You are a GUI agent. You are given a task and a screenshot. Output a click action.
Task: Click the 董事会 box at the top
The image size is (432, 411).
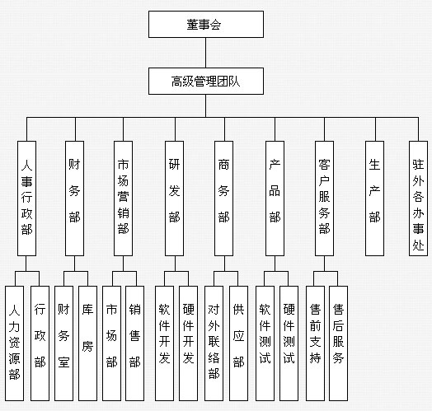click(x=206, y=24)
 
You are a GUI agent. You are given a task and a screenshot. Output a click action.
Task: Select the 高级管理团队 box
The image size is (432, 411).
click(x=206, y=82)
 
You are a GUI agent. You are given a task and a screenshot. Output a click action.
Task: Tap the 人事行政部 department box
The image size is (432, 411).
click(x=26, y=198)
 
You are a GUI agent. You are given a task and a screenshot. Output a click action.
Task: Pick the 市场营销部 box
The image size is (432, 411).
click(x=123, y=198)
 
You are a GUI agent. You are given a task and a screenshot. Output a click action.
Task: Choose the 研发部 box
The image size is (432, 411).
click(x=174, y=198)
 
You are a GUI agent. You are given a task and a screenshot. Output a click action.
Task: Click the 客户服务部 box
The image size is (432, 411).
click(x=324, y=198)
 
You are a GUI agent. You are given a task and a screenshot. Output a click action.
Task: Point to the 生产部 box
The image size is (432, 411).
click(x=374, y=198)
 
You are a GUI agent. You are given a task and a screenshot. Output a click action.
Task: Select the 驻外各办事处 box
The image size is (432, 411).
click(x=418, y=198)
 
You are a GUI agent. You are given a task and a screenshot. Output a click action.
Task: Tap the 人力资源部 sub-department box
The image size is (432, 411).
click(x=14, y=343)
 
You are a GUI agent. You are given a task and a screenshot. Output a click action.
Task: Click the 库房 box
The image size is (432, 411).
click(x=87, y=343)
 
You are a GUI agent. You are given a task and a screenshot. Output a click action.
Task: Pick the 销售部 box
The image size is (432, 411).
click(x=134, y=343)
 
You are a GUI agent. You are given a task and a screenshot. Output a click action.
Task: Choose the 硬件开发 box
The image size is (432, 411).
click(x=188, y=343)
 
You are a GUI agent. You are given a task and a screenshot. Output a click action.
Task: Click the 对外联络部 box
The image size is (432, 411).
click(x=214, y=343)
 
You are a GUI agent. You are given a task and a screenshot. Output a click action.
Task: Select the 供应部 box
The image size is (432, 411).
click(x=238, y=343)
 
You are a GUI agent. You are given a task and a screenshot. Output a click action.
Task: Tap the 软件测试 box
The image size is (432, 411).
click(x=265, y=343)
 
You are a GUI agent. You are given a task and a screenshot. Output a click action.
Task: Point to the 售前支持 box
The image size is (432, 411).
click(x=315, y=343)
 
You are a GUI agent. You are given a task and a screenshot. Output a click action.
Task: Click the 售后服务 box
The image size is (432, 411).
click(x=338, y=343)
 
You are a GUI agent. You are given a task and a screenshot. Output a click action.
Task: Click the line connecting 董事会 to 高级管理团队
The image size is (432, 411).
click(x=206, y=53)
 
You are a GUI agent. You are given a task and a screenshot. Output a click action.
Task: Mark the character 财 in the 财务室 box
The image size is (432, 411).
click(x=63, y=309)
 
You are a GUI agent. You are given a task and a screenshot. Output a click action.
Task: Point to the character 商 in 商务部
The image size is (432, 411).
click(x=223, y=165)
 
